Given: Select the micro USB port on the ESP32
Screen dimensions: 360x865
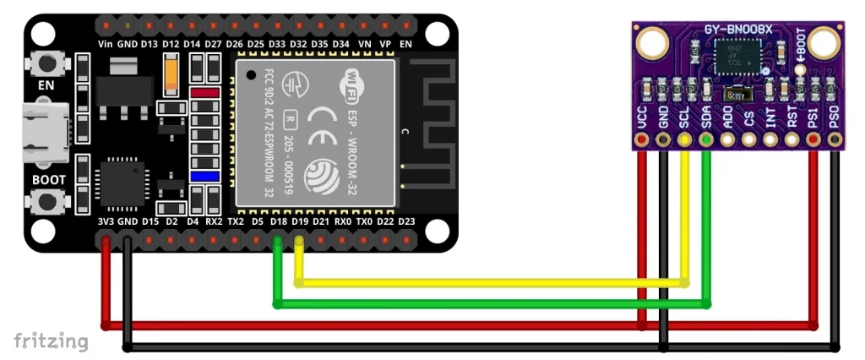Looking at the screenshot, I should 42,133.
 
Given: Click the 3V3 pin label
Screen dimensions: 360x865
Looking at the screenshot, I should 106,221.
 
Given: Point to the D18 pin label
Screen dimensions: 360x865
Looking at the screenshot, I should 279,221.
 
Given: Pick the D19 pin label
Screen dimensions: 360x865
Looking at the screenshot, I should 300,221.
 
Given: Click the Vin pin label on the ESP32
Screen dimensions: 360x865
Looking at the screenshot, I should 106,43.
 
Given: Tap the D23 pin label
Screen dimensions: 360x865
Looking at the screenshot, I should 406,221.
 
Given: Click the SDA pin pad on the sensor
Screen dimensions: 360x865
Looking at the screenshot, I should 706,141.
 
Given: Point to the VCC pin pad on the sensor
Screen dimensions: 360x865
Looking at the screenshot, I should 643,141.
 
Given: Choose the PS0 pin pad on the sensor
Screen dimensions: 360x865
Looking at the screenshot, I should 835,141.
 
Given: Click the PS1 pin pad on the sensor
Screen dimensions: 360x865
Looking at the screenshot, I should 813,141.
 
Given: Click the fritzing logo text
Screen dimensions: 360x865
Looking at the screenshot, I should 51,341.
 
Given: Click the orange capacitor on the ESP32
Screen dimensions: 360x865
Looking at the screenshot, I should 174,74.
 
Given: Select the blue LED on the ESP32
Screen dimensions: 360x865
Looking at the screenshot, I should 204,176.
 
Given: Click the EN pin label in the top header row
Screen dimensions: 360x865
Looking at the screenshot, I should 406,43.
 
